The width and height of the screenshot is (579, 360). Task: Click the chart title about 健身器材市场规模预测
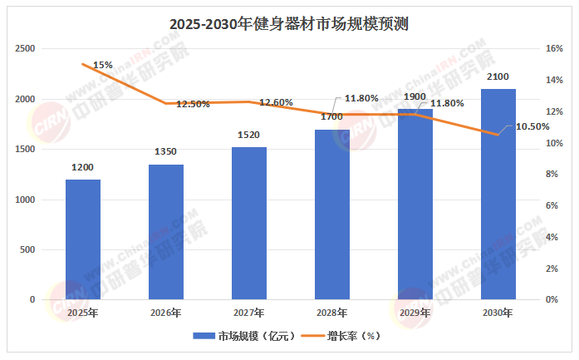pyautogui.click(x=288, y=24)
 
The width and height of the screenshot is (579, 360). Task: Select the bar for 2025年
pyautogui.click(x=83, y=239)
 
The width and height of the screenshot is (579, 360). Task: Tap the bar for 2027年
pyautogui.click(x=249, y=223)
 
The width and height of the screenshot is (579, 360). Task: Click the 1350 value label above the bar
pyautogui.click(x=166, y=152)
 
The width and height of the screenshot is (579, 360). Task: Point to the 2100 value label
pyautogui.click(x=498, y=76)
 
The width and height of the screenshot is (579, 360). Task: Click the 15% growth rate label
pyautogui.click(x=103, y=64)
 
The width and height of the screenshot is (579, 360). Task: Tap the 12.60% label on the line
pyautogui.click(x=276, y=102)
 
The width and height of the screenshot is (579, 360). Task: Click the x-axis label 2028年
pyautogui.click(x=332, y=313)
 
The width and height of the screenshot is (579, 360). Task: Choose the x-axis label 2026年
pyautogui.click(x=166, y=313)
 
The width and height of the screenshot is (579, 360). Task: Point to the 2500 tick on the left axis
pyautogui.click(x=25, y=49)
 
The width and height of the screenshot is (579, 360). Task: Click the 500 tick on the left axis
pyautogui.click(x=27, y=249)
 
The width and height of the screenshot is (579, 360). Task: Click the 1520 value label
pyautogui.click(x=249, y=135)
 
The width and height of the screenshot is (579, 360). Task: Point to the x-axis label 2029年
pyautogui.click(x=415, y=313)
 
